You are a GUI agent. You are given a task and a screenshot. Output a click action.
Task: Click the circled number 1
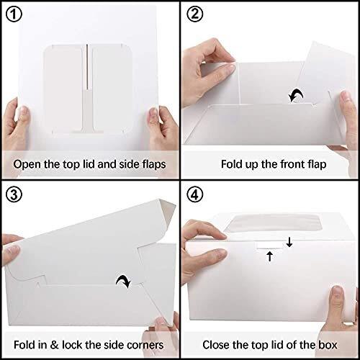pos(14,14)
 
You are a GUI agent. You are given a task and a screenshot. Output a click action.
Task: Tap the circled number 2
pos(194,14)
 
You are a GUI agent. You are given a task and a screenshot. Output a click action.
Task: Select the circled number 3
pos(14,194)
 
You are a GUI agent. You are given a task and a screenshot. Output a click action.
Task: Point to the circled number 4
pos(194,194)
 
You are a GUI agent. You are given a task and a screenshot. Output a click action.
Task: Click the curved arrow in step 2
pos(296,95)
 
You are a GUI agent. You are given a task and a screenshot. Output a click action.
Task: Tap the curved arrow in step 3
pos(124,281)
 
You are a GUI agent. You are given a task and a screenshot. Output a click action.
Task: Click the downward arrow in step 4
pos(289,242)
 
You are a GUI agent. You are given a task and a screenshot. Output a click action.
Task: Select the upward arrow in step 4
pos(270,256)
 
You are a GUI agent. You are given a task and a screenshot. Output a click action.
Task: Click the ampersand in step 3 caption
pos(54,345)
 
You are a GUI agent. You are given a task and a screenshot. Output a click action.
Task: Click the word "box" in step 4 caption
pos(328,345)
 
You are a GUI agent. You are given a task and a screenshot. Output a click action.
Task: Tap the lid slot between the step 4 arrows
pos(270,245)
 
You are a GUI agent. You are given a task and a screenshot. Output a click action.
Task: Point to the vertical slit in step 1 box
pos(87,67)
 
